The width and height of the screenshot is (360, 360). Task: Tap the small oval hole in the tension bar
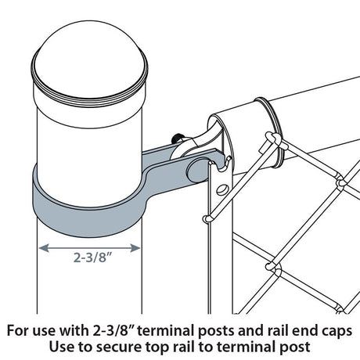(219, 188)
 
